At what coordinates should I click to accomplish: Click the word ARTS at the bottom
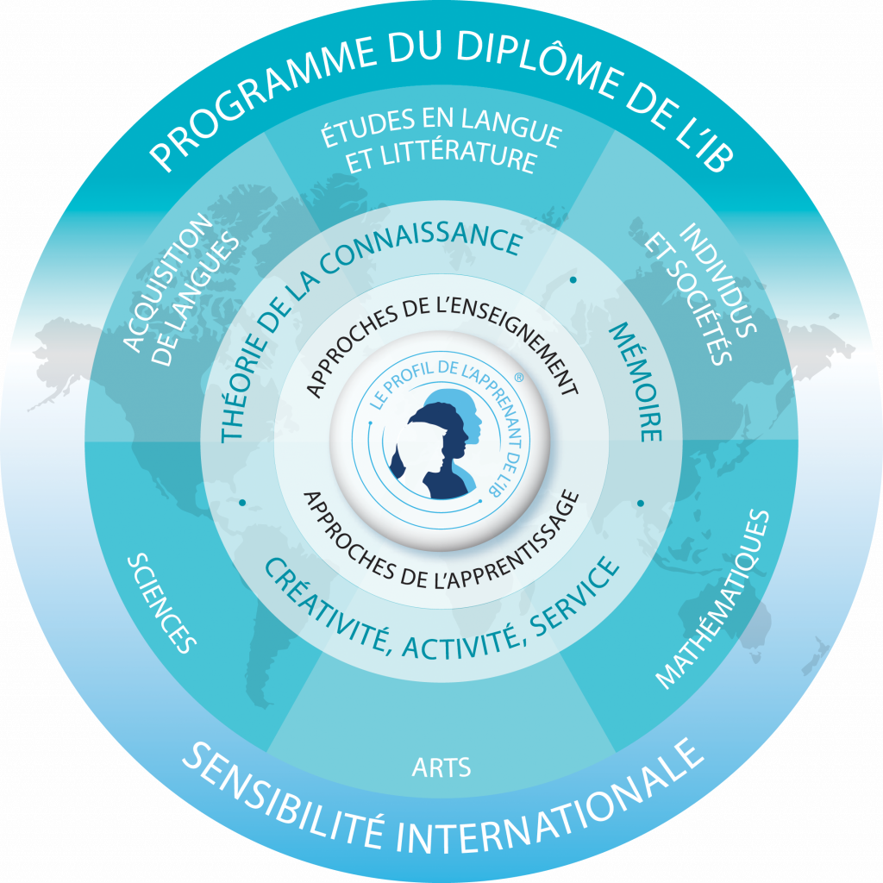pyautogui.click(x=441, y=767)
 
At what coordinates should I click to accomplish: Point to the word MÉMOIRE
pyautogui.click(x=636, y=382)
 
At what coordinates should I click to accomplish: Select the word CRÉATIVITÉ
pyautogui.click(x=327, y=607)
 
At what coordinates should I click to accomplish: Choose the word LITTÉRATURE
pyautogui.click(x=459, y=159)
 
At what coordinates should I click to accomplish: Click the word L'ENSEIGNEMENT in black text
pyautogui.click(x=500, y=338)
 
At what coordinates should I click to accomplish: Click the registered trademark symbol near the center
pyautogui.click(x=518, y=378)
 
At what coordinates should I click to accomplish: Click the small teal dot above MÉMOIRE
pyautogui.click(x=573, y=279)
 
